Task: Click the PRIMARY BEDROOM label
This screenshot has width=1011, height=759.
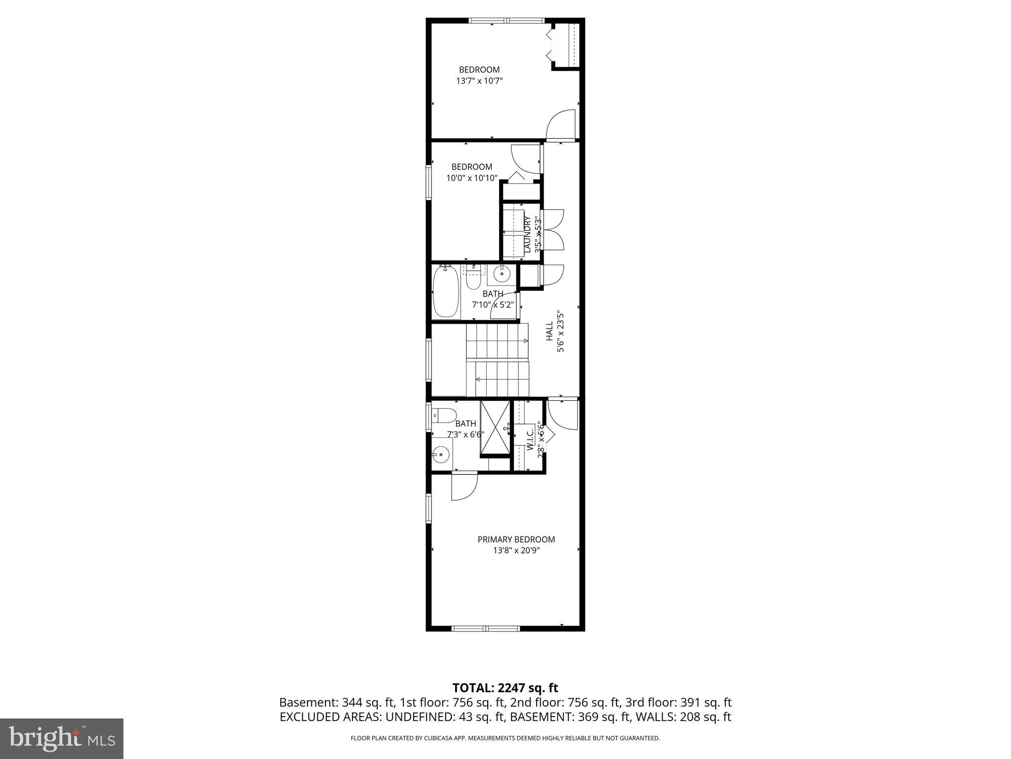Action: pos(516,539)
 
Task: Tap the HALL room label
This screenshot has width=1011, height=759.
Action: pos(549,331)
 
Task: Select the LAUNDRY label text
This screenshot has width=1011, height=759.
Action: pos(527,234)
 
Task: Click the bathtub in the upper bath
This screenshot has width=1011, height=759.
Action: pos(446,292)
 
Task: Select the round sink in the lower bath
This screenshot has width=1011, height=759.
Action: pos(441,453)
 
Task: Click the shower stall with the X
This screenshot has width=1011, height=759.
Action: pos(495,427)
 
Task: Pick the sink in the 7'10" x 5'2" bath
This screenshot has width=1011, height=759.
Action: pos(502,273)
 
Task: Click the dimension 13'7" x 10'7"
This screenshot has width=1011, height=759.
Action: pos(479,81)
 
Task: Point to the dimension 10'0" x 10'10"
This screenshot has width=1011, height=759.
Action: pos(471,178)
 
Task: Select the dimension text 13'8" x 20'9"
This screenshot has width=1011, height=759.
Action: pos(516,550)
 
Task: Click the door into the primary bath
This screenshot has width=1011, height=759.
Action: pos(464,487)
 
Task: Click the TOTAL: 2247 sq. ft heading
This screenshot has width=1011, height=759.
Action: pos(505,687)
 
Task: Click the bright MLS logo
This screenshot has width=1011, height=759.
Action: pos(62,738)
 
